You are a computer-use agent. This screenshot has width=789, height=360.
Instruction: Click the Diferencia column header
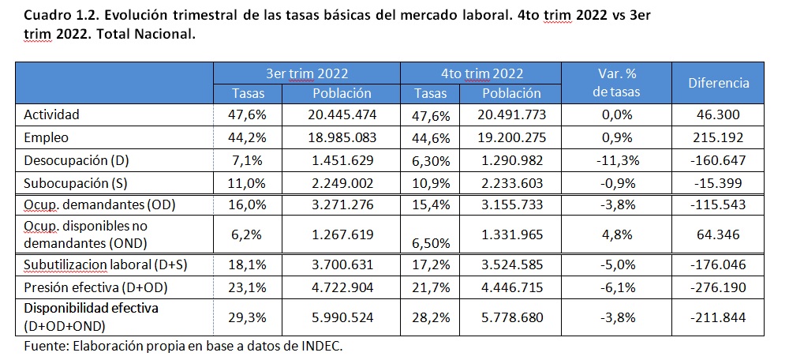pos(718,83)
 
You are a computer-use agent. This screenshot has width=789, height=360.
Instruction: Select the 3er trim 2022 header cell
pos(306,73)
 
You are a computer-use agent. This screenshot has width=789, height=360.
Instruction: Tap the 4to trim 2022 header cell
pos(481,73)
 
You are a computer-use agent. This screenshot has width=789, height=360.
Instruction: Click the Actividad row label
pos(53,114)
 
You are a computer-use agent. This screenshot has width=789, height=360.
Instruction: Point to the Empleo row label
pos(47,137)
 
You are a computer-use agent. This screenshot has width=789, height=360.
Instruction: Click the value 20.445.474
pos(342,114)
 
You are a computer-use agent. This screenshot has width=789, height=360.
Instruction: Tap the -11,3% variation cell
pos(616,161)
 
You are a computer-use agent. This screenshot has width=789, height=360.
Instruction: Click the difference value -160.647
pos(718,161)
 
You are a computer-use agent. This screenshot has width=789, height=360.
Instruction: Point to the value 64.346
pos(718,234)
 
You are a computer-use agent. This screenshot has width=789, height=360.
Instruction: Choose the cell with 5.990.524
pos(342,318)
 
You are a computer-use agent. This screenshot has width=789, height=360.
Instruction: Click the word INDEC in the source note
pos(319,346)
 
